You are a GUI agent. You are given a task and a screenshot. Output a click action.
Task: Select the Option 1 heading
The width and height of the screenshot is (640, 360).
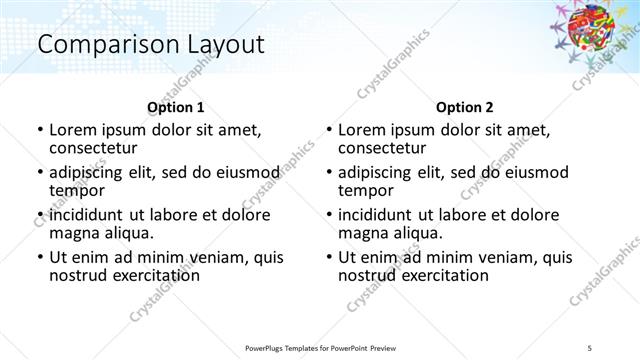175,107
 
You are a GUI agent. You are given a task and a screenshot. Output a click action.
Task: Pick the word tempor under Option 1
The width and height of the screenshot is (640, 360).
76,190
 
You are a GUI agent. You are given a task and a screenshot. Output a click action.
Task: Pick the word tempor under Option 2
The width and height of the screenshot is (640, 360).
365,190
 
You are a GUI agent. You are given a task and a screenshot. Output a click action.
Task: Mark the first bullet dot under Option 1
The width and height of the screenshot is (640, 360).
39,130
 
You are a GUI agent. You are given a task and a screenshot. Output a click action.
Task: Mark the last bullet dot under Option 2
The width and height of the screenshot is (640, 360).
328,258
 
